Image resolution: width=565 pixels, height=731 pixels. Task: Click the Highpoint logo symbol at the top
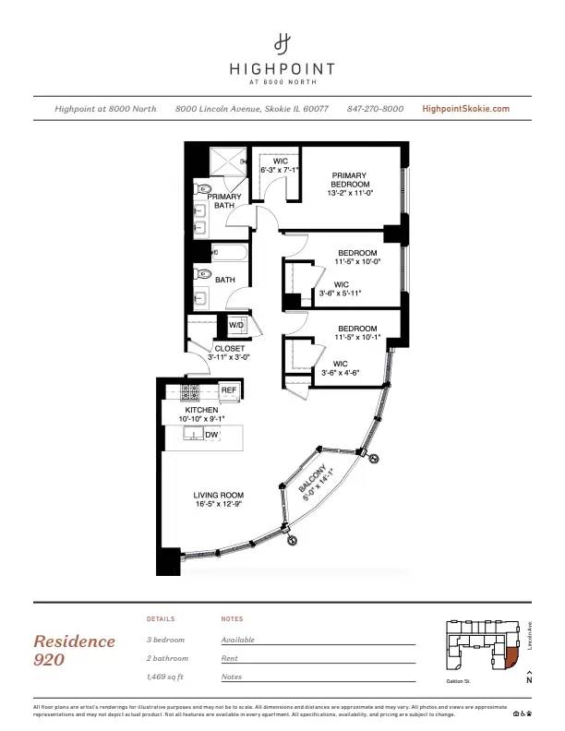point(282,42)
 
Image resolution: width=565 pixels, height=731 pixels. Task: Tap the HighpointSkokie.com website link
point(465,109)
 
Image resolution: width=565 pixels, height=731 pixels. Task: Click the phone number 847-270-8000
point(375,109)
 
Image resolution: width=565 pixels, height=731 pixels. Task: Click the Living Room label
point(219,500)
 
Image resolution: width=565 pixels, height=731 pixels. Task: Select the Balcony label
point(315,483)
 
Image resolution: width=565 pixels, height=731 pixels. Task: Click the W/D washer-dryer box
point(235,325)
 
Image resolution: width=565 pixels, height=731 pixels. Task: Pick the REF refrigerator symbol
point(228,391)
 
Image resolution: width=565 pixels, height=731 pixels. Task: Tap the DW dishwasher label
point(211,435)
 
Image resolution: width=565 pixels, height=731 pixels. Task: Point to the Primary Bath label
point(224,201)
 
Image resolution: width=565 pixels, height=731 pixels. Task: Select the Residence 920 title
point(75,650)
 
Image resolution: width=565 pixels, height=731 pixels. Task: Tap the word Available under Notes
point(238,640)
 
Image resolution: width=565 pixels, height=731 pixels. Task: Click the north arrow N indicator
point(529,680)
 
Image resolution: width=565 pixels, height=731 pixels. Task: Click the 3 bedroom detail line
point(166,640)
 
